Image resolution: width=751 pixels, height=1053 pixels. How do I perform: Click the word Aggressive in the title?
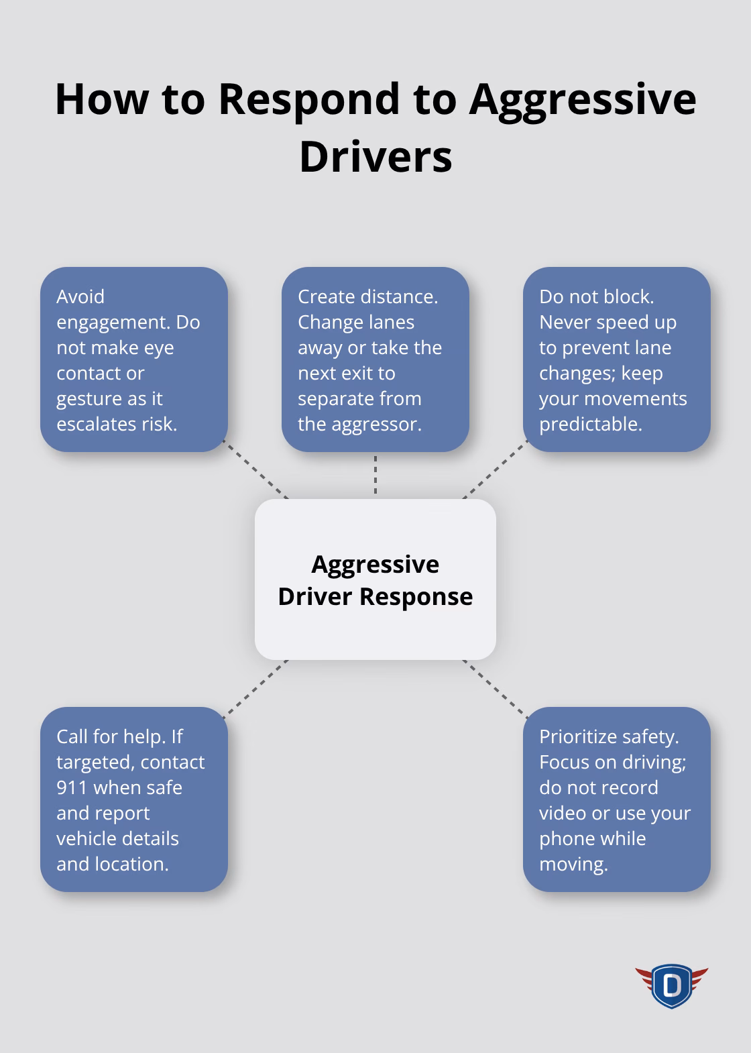(582, 99)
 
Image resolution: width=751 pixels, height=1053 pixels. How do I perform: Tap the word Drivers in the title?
(375, 157)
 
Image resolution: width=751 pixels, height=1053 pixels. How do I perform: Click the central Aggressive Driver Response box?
(375, 579)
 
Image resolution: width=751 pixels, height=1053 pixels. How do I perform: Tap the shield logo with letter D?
(671, 985)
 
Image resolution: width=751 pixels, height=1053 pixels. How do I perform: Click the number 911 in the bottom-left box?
(72, 787)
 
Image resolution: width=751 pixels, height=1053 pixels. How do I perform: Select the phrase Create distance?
(367, 296)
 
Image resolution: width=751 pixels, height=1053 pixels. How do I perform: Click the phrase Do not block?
(596, 296)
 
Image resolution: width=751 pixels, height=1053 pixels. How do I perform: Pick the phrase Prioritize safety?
(609, 736)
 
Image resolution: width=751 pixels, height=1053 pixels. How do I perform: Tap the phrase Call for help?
(111, 736)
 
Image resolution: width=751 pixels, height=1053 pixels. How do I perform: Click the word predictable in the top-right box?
(589, 424)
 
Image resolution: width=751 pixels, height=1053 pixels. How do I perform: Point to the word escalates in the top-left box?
(95, 424)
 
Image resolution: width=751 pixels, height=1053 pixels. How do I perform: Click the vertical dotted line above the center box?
(375, 475)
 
